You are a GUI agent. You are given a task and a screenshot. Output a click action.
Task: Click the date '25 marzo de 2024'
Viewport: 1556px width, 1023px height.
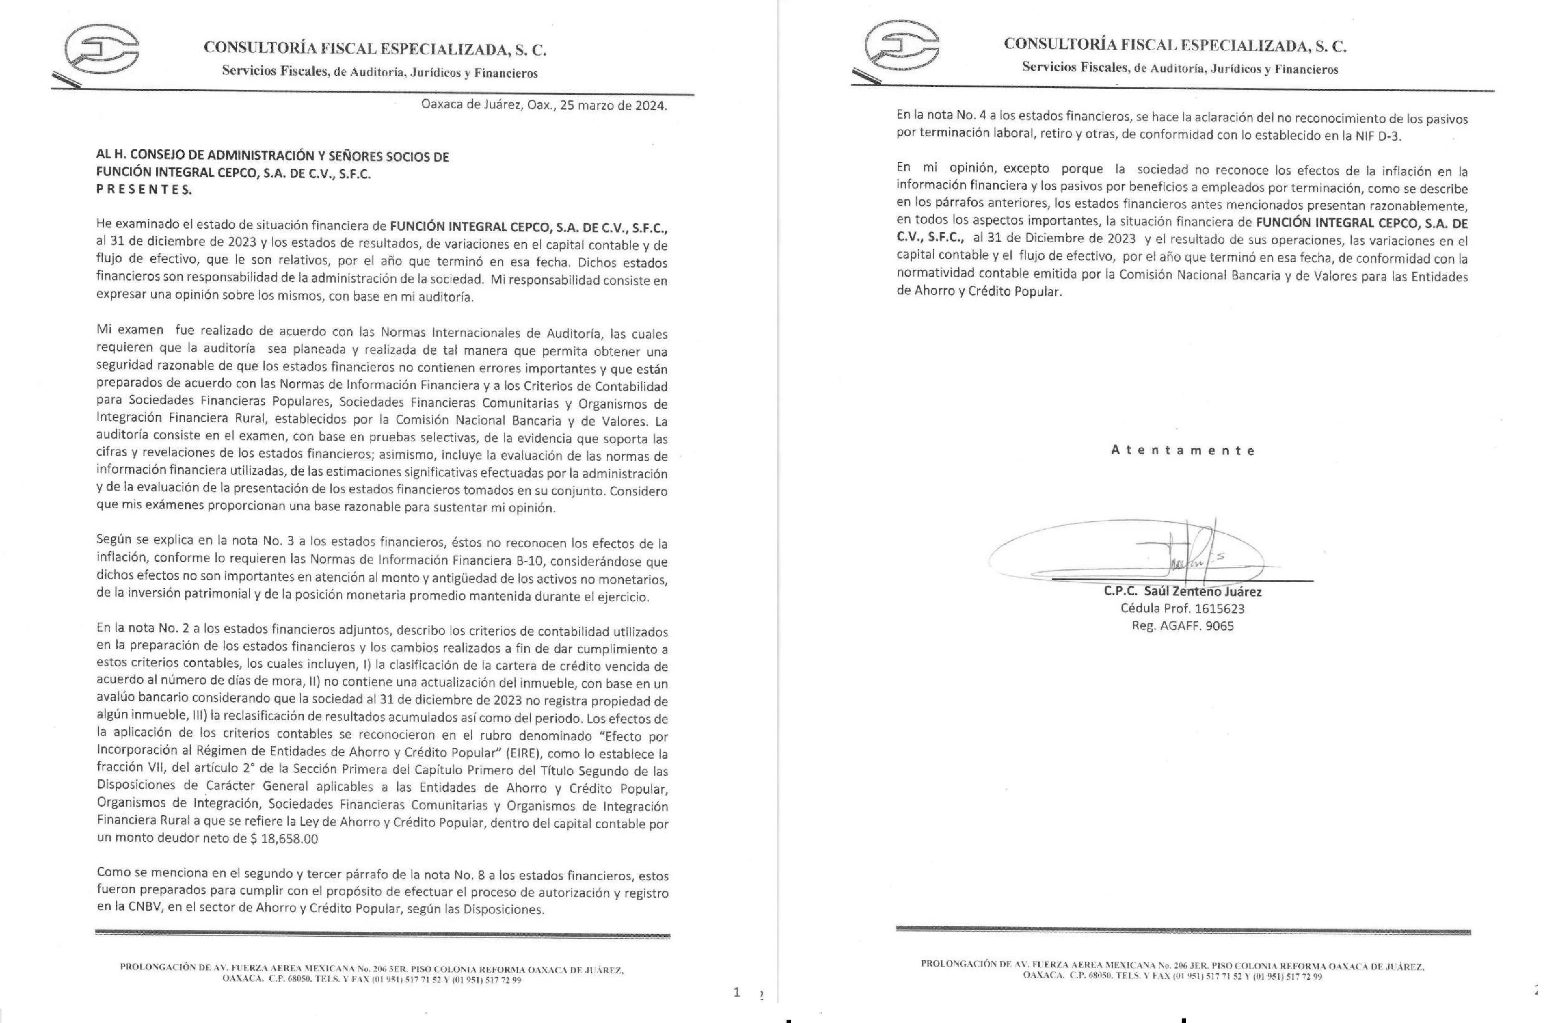(x=613, y=105)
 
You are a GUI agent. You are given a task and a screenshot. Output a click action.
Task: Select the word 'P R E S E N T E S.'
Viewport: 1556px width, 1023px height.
(x=144, y=190)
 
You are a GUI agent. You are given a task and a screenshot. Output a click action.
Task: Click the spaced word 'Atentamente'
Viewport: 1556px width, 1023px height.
(x=1182, y=451)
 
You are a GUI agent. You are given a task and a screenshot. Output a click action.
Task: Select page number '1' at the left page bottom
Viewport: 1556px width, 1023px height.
(x=737, y=993)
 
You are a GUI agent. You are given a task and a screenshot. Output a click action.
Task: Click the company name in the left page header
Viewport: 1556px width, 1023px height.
(x=375, y=48)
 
